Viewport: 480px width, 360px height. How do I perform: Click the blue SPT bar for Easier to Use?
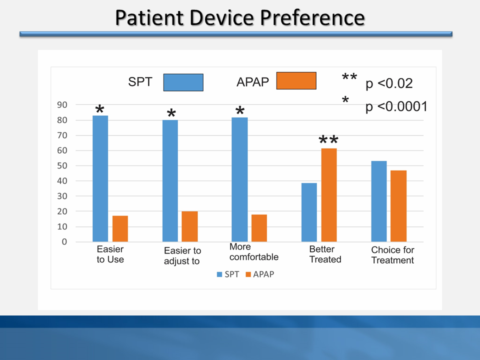pos(100,178)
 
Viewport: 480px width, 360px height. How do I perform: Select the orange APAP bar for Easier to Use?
pos(120,228)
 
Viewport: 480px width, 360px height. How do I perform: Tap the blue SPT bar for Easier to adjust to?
pos(170,180)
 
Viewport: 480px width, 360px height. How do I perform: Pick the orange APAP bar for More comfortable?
pos(259,228)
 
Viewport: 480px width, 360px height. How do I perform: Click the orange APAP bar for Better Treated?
pos(328,195)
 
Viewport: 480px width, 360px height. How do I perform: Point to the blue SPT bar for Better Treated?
pos(309,212)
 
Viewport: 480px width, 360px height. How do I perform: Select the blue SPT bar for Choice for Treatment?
pos(378,201)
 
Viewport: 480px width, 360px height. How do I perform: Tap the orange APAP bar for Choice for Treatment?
pos(398,206)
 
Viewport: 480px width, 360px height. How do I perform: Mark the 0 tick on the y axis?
pos(64,242)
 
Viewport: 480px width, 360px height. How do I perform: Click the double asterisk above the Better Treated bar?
pos(328,140)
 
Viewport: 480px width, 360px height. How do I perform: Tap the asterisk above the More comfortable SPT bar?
pos(239,111)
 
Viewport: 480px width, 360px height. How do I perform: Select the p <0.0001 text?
pos(396,106)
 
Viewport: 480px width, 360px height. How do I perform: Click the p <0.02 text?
pos(389,83)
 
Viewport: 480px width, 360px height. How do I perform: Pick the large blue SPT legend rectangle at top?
pos(183,82)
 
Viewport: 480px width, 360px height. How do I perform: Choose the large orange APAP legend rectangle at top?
pos(296,80)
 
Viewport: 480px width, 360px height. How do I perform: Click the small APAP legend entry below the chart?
pos(259,274)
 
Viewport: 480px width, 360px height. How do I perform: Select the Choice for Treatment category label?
pos(392,255)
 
